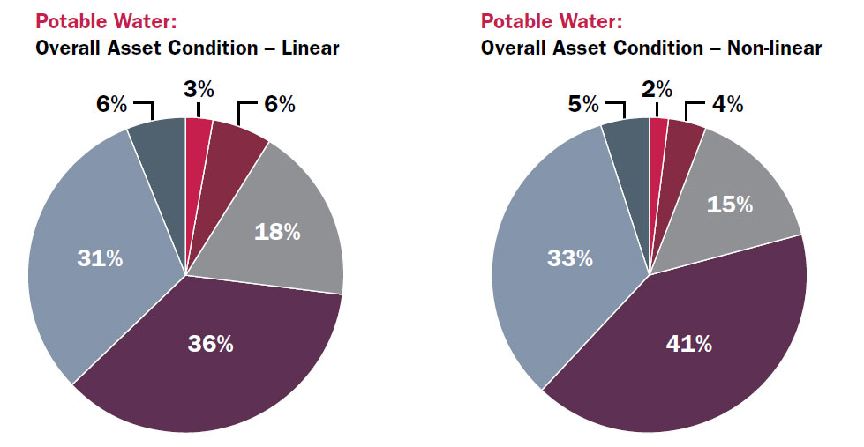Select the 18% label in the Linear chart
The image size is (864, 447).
click(277, 232)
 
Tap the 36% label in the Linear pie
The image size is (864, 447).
click(210, 344)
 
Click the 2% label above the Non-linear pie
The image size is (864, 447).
click(657, 88)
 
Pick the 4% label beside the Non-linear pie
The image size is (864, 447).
click(727, 105)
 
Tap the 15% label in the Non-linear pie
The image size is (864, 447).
click(730, 204)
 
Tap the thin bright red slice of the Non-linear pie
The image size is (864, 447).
click(657, 141)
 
